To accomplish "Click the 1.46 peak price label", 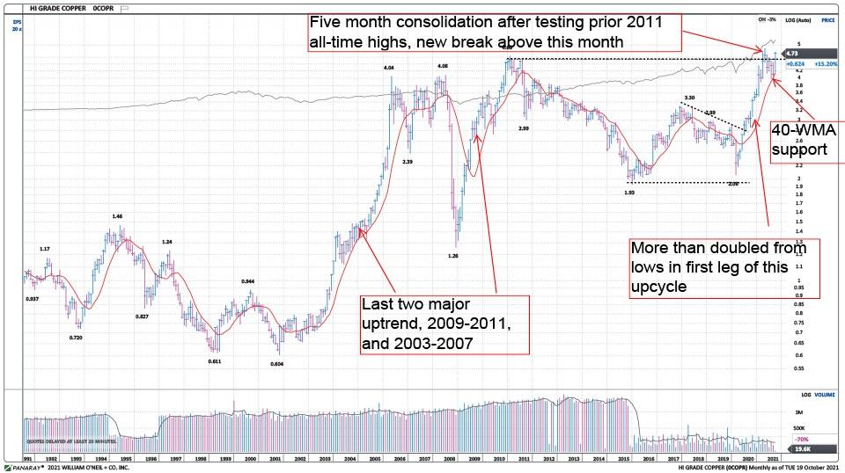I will point(116,215).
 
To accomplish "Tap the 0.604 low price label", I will point(276,364).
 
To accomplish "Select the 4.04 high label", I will point(388,69).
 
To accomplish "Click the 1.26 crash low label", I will point(453,256).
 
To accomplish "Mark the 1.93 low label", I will point(629,192).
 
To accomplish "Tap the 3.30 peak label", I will point(690,98).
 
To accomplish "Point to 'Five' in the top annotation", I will point(326,22).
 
